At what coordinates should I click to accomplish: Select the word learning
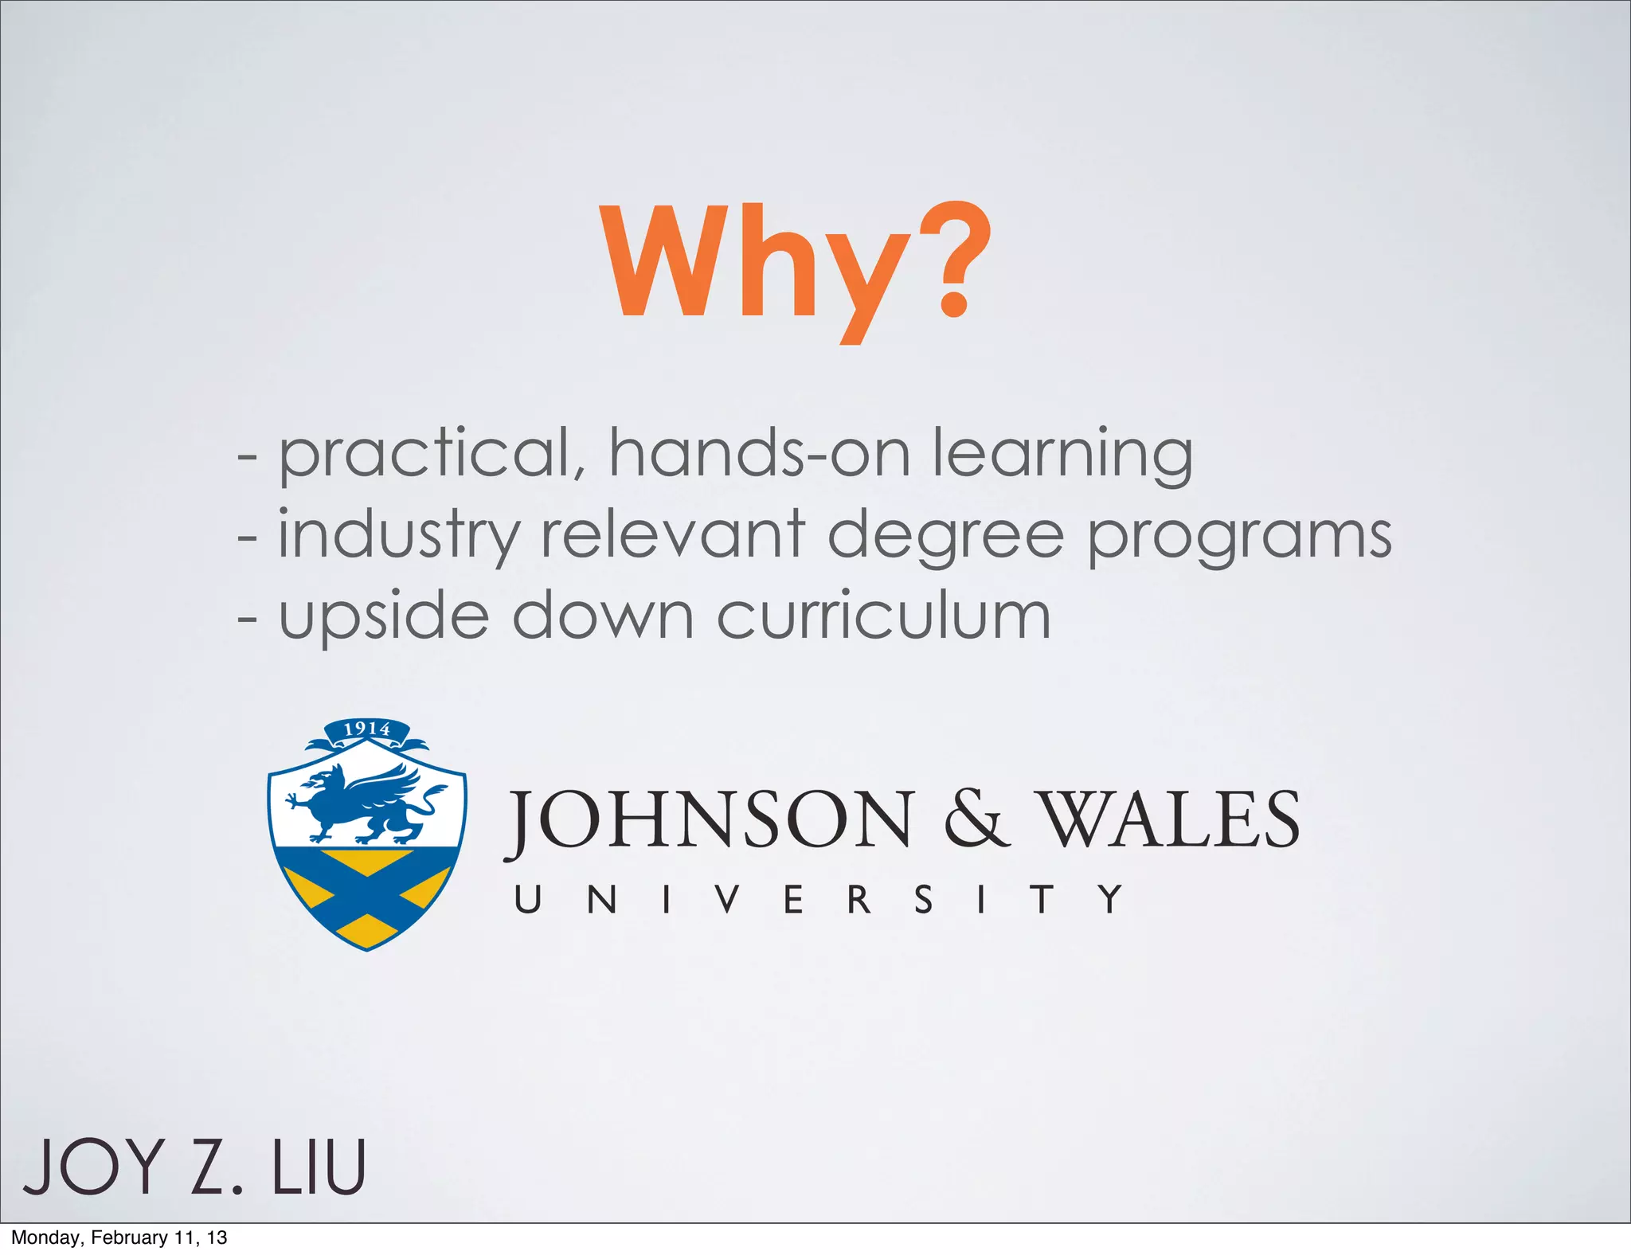point(1062,454)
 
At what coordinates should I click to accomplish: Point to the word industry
point(398,535)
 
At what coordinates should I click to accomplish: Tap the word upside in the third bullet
point(383,617)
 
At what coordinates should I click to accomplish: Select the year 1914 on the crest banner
point(366,729)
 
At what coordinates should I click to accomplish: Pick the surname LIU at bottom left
point(319,1167)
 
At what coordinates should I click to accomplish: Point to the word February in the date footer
point(129,1237)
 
